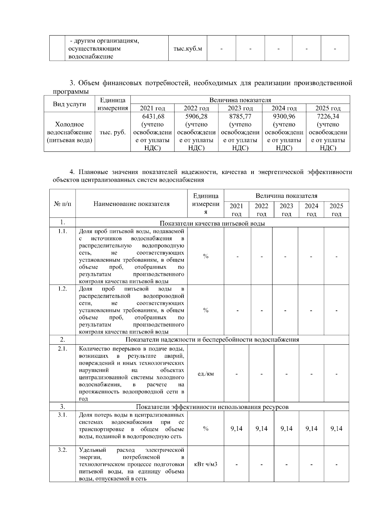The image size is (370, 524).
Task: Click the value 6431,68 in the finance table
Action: pos(153,116)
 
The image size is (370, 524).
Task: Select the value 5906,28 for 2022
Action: pos(196,116)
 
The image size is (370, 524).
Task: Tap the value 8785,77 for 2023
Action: pos(240,116)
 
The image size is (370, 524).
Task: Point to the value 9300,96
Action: pos(284,116)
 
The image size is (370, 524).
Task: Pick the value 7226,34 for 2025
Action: pos(328,116)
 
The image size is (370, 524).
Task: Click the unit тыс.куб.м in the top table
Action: pos(188,49)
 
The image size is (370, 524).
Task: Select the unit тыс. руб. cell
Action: pos(113,132)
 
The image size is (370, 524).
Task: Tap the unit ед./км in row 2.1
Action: pos(206,374)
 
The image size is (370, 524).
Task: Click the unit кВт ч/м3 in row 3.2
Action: pos(206,464)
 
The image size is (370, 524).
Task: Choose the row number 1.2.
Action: pos(62,289)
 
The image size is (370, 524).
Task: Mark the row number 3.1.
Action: pos(62,415)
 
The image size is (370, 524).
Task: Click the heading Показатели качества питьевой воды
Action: pos(212,223)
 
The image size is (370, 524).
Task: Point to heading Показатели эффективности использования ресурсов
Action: pos(212,407)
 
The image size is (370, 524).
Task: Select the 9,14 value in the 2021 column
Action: pos(236,428)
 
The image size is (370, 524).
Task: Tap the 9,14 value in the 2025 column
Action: pos(336,428)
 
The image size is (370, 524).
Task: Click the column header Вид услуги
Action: pos(69,104)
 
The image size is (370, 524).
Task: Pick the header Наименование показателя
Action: pos(132,204)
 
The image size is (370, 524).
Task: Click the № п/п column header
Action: pos(62,204)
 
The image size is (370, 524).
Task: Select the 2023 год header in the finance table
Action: pos(240,108)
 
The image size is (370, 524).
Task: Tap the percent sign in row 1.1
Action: pos(206,256)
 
